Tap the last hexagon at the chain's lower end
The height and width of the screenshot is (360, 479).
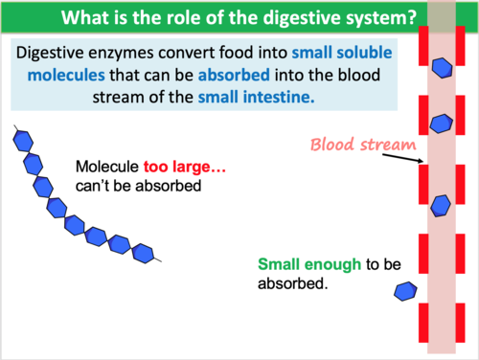tap(144, 253)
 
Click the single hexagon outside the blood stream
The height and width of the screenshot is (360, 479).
tap(406, 291)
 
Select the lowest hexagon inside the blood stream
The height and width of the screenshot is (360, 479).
tap(441, 203)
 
